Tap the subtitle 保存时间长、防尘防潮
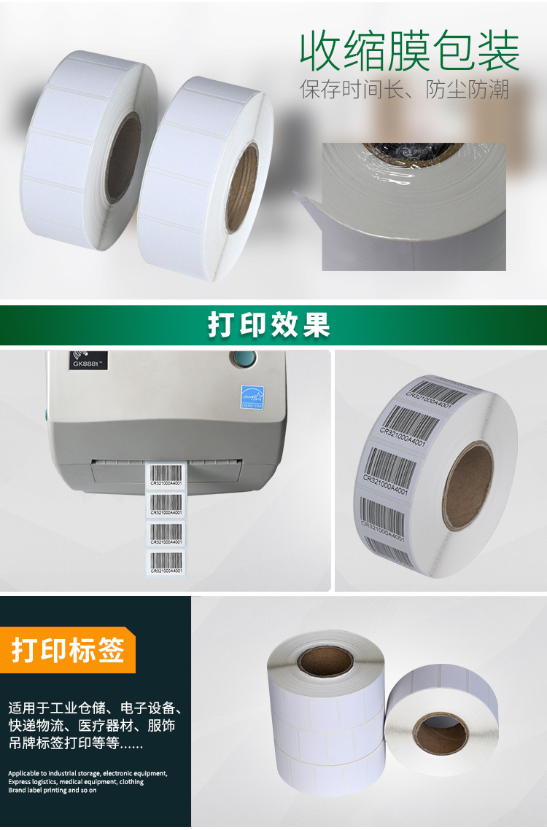pos(404,90)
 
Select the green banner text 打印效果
pos(269,325)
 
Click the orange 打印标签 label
pos(68,649)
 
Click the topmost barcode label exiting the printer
pos(167,476)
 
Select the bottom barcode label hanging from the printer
pos(167,563)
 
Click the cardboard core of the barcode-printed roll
pos(468,487)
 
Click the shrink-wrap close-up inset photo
pos(414,207)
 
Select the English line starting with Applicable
pos(88,772)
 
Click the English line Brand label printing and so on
pos(53,790)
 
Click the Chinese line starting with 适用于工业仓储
pos(95,708)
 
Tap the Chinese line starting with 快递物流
pos(92,727)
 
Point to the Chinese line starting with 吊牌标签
pos(76,745)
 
